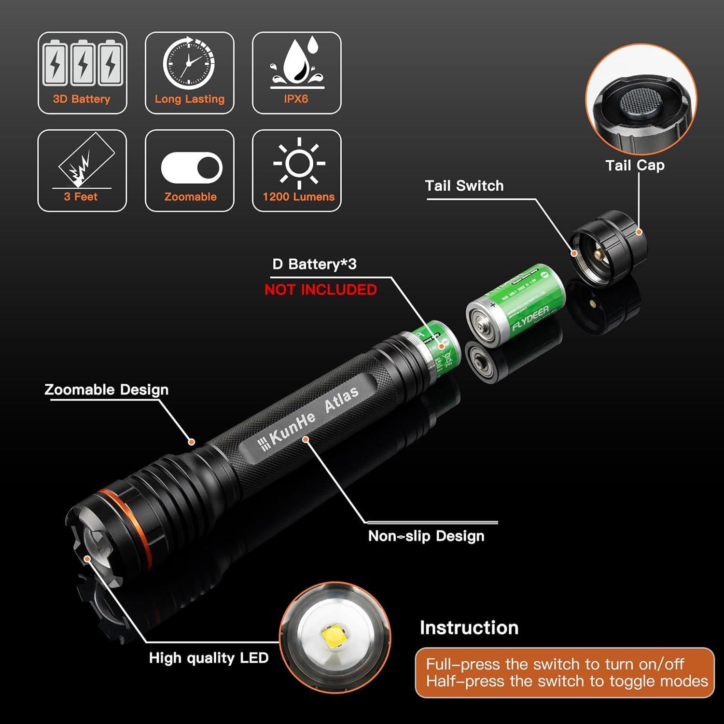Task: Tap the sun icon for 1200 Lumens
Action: point(299,163)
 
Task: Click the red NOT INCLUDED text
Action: point(320,290)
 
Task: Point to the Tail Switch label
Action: point(464,186)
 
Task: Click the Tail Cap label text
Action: point(635,166)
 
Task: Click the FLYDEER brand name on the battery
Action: point(530,318)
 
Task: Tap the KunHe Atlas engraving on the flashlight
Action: point(309,416)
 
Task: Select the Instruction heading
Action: point(469,627)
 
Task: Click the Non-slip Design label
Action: point(426,536)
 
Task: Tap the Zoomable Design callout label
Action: point(106,390)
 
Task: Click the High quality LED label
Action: point(209,658)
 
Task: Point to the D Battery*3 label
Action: point(314,265)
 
